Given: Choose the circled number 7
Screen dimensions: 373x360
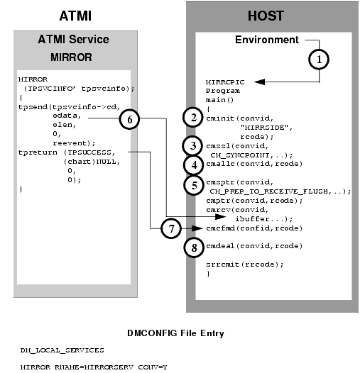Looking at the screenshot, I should (x=170, y=228).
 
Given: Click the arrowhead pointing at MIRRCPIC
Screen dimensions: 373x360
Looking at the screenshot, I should (x=257, y=82).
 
